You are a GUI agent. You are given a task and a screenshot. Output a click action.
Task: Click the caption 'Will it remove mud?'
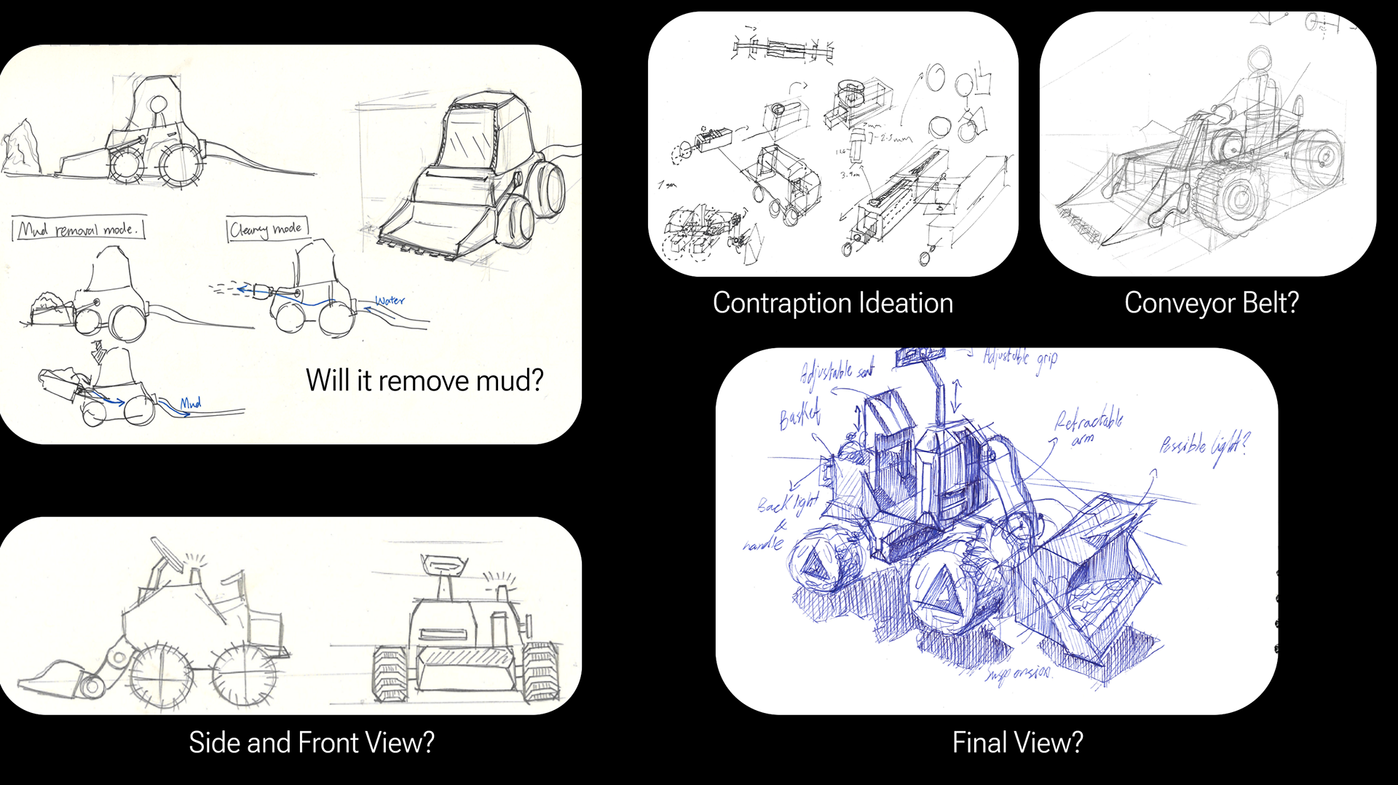pyautogui.click(x=424, y=380)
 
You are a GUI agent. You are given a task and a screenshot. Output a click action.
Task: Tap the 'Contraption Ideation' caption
pyautogui.click(x=832, y=303)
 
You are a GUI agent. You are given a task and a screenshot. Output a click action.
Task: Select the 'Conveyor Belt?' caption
pyautogui.click(x=1211, y=303)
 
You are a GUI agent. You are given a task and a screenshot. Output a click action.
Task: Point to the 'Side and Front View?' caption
pyautogui.click(x=312, y=743)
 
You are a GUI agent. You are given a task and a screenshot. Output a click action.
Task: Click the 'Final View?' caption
pyautogui.click(x=1017, y=743)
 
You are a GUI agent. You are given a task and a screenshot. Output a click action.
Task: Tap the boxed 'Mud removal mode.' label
pyautogui.click(x=79, y=229)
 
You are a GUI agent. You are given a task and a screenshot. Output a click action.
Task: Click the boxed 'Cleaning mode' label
pyautogui.click(x=266, y=229)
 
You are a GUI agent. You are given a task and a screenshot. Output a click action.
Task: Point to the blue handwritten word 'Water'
pyautogui.click(x=390, y=300)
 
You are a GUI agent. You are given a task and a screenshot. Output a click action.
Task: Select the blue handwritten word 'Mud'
pyautogui.click(x=191, y=403)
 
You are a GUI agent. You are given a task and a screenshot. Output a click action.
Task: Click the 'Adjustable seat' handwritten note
pyautogui.click(x=836, y=373)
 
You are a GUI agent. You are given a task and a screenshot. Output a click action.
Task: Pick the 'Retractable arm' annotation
pyautogui.click(x=1088, y=426)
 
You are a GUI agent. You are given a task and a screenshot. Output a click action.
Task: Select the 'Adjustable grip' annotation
pyautogui.click(x=1020, y=358)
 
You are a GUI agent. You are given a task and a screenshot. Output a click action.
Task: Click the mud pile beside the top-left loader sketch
pyautogui.click(x=20, y=149)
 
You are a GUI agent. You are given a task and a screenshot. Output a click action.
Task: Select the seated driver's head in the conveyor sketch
pyautogui.click(x=1260, y=60)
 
